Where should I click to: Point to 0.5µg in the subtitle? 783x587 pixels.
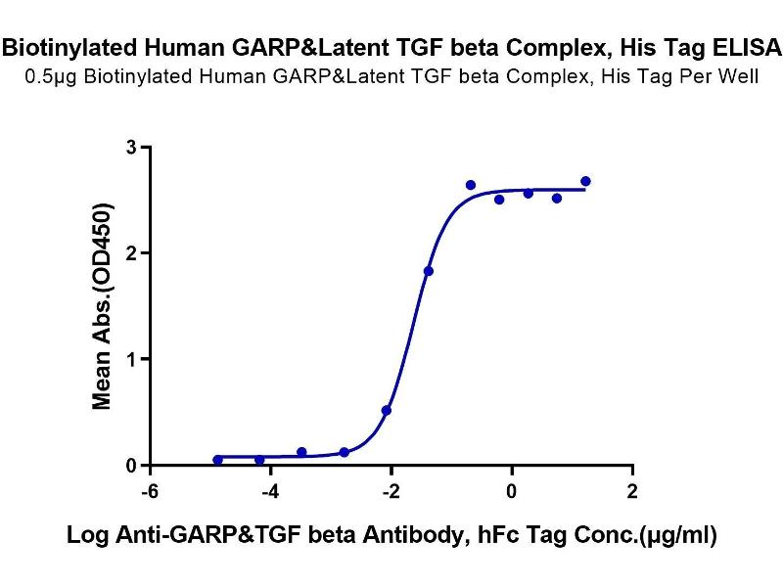(x=51, y=77)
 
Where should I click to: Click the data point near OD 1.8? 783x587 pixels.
(x=429, y=271)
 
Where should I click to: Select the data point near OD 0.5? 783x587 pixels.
(x=387, y=411)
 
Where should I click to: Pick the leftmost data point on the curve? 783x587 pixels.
(x=217, y=460)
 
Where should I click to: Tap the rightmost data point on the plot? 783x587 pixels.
(x=585, y=181)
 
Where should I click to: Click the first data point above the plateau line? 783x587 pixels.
(x=471, y=185)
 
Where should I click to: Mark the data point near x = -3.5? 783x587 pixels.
(x=301, y=452)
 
